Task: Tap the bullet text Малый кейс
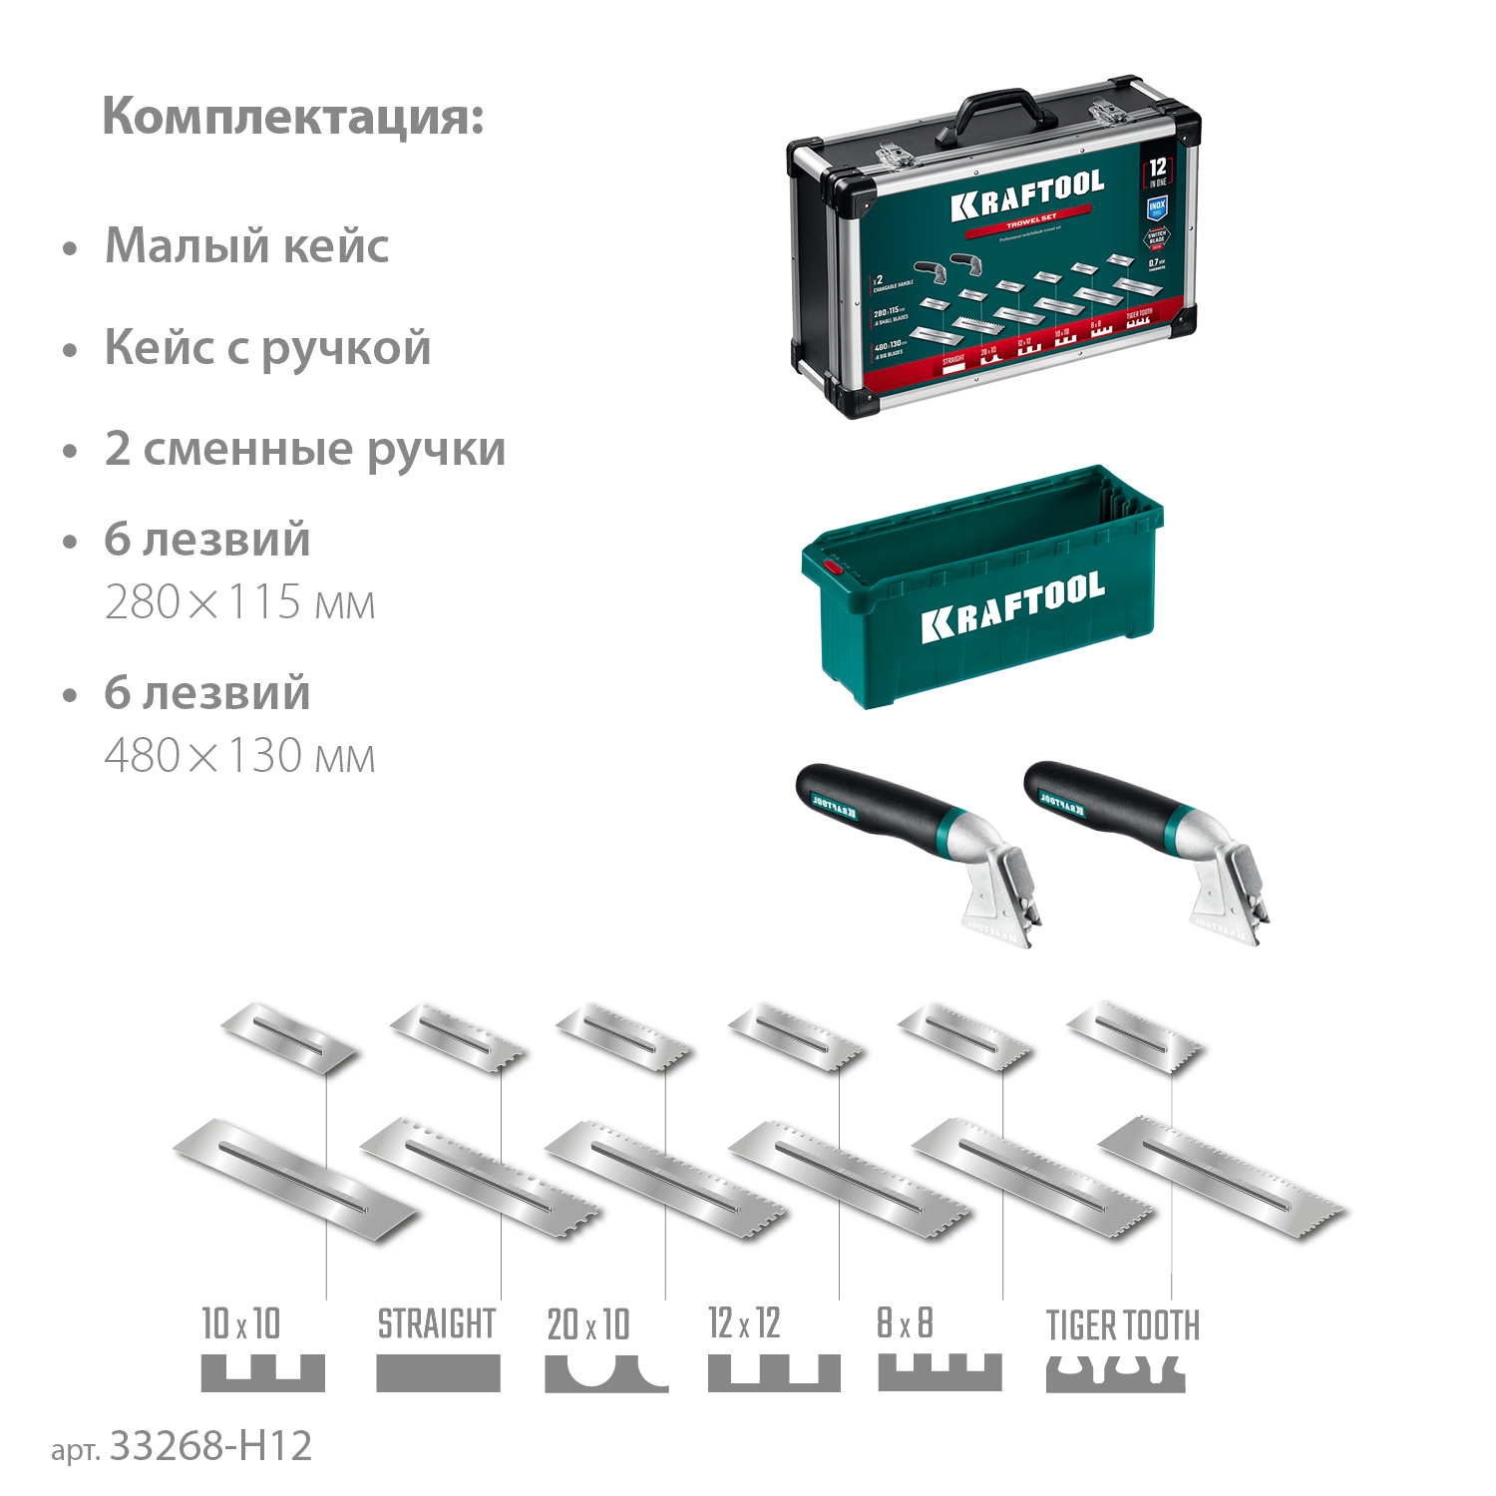click(246, 246)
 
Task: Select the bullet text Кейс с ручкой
click(267, 348)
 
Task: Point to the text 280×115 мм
click(239, 602)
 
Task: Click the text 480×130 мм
click(239, 756)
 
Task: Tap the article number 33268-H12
click(210, 1445)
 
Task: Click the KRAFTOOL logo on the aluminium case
click(1027, 193)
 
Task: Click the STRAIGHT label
click(436, 1324)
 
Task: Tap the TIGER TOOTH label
click(1122, 1325)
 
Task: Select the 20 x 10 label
click(588, 1324)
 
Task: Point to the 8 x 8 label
click(905, 1323)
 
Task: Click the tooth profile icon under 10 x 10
click(262, 1372)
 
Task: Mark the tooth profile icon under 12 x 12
click(773, 1372)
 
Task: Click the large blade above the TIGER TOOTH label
click(1222, 1177)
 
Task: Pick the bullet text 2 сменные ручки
click(304, 449)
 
